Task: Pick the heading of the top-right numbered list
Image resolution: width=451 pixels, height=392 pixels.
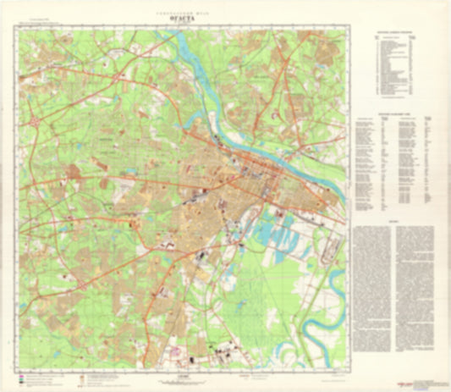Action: coord(396,34)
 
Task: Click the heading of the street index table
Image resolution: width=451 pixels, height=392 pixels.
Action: coord(396,113)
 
